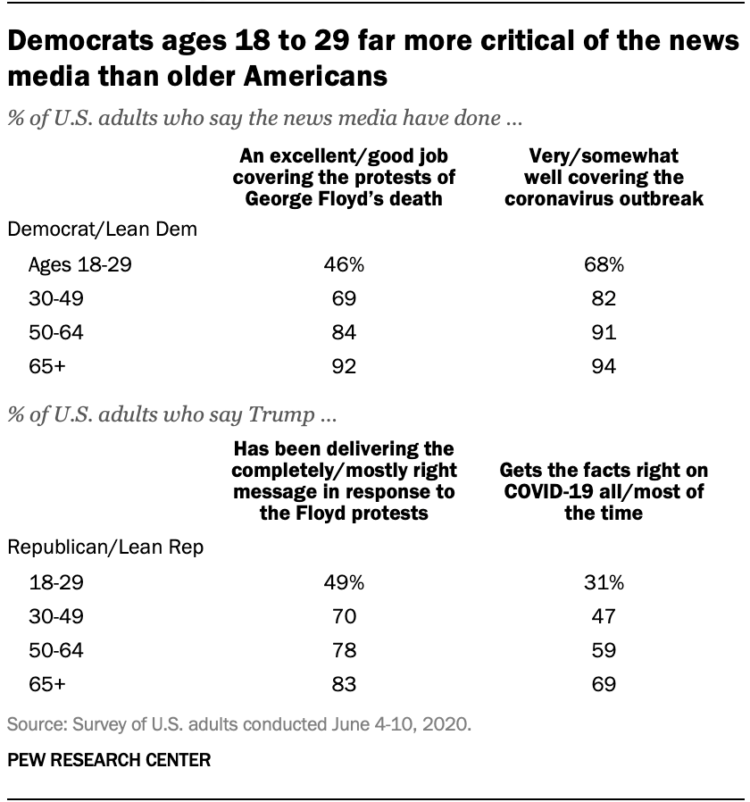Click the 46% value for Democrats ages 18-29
342,264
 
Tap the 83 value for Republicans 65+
342,684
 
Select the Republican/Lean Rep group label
104,547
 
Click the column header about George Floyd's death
342,179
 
